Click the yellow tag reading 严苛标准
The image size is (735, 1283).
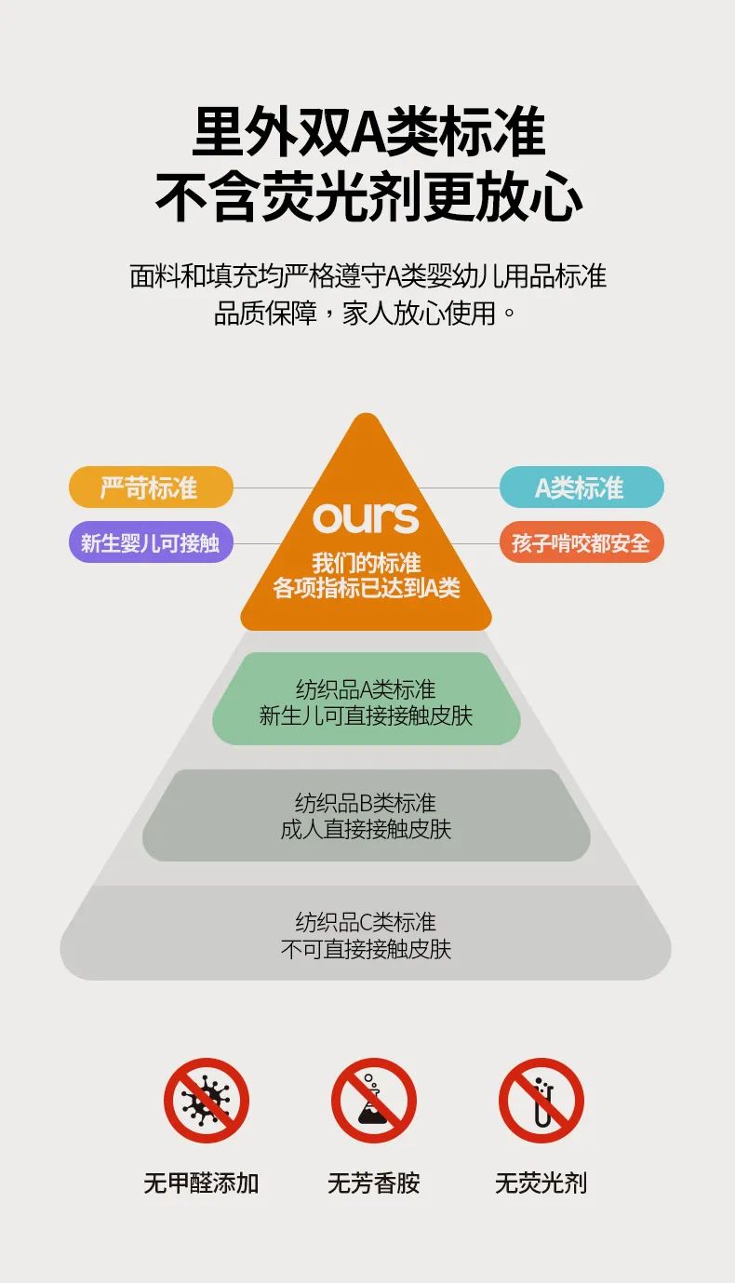click(x=150, y=487)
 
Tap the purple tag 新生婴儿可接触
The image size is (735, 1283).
click(x=150, y=542)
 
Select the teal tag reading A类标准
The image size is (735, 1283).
click(x=581, y=487)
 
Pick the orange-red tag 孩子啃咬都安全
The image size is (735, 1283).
click(x=581, y=542)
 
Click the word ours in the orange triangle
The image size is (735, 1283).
click(x=366, y=517)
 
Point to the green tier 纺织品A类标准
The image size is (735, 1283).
click(x=366, y=700)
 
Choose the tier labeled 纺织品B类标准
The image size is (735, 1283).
click(x=366, y=815)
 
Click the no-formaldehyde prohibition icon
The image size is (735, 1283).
click(x=206, y=1101)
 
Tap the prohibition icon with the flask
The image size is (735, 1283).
click(x=374, y=1101)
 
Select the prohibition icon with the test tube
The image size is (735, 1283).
click(x=541, y=1101)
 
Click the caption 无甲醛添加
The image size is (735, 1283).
click(x=201, y=1183)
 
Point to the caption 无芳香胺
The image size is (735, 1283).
click(x=374, y=1183)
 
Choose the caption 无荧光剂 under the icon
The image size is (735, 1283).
click(x=541, y=1183)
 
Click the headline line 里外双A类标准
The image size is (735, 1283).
click(x=367, y=133)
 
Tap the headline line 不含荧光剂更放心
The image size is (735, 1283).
click(x=367, y=197)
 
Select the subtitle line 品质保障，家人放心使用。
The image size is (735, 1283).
click(x=366, y=313)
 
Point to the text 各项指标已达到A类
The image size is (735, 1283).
click(x=366, y=588)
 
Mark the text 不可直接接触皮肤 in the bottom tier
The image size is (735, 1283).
click(x=366, y=950)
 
